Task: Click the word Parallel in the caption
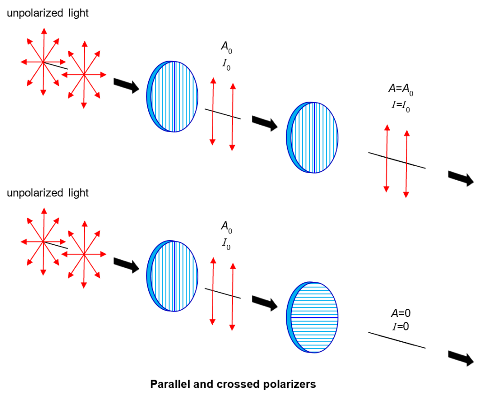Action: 169,384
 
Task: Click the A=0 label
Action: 397,313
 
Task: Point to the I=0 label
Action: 397,324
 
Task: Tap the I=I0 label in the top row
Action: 401,105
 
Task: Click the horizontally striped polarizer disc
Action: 313,317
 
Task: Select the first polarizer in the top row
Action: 173,96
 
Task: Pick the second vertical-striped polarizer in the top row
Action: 313,137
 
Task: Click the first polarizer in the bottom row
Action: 173,276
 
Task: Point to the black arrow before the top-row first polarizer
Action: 126,85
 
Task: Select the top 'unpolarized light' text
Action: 47,13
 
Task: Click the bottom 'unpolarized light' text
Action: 47,193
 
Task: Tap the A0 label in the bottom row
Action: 226,226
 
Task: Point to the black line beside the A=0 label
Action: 397,340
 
